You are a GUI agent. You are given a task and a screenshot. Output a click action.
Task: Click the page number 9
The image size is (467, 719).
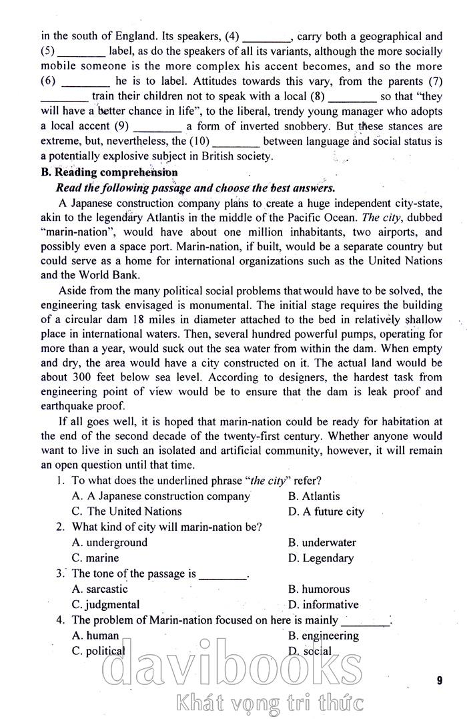(x=440, y=680)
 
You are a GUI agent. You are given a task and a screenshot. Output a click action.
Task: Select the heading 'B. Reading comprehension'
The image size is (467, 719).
(x=109, y=172)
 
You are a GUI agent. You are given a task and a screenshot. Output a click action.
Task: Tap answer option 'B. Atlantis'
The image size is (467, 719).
(x=314, y=496)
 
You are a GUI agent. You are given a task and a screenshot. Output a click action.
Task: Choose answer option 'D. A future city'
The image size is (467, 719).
(x=326, y=512)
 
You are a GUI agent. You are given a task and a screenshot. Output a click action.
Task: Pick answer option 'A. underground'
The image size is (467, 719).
(x=109, y=543)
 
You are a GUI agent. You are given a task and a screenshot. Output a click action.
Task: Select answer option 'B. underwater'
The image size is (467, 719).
(x=322, y=543)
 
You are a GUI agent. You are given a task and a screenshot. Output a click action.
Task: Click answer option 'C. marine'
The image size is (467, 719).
(x=95, y=558)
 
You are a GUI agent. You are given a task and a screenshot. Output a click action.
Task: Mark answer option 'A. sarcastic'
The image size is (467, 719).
(x=99, y=589)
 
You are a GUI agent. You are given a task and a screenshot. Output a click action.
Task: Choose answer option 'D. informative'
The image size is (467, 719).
(x=324, y=605)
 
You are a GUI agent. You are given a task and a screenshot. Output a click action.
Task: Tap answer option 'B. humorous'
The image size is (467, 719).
(x=319, y=589)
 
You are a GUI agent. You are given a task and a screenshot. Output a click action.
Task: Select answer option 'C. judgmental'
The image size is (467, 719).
(x=105, y=605)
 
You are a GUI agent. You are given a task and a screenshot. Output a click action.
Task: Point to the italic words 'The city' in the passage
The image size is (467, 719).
(x=382, y=218)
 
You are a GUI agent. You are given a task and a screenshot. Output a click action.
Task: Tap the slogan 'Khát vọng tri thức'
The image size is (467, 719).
(x=270, y=703)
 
